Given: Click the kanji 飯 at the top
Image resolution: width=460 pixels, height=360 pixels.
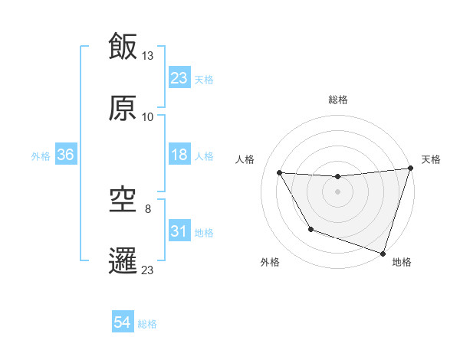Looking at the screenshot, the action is [x=123, y=46].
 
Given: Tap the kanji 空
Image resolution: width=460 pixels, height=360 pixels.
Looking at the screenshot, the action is [x=123, y=198].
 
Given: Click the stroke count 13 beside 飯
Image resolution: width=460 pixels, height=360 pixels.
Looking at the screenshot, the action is [x=148, y=55].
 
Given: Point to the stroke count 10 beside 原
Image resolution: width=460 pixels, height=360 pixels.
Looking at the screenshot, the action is [x=148, y=117].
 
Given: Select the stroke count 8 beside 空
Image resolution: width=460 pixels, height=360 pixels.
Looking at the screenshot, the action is [x=148, y=208].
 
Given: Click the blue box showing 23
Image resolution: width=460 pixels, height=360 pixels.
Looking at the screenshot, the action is [x=179, y=77].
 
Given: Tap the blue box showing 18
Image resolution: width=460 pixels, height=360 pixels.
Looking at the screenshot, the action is [x=179, y=155].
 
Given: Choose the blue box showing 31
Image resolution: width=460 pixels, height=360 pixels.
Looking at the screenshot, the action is [x=179, y=231].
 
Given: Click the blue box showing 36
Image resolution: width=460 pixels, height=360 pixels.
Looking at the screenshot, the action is [x=66, y=155].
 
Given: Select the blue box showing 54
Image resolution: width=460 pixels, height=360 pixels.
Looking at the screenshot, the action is [x=123, y=322].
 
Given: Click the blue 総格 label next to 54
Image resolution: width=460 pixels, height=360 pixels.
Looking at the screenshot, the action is [x=147, y=324].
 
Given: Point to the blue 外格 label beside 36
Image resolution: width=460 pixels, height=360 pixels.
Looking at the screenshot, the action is [x=41, y=156].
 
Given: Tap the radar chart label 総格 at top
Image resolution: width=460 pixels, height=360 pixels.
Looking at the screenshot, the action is [x=337, y=100].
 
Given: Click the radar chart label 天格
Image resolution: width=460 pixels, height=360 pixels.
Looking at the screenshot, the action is [x=431, y=159].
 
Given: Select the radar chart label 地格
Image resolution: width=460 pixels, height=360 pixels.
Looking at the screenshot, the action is [x=402, y=262].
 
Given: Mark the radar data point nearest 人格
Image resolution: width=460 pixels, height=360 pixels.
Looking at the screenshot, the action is [x=280, y=173].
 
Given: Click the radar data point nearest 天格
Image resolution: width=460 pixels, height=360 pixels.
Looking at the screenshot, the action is [x=410, y=169].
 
